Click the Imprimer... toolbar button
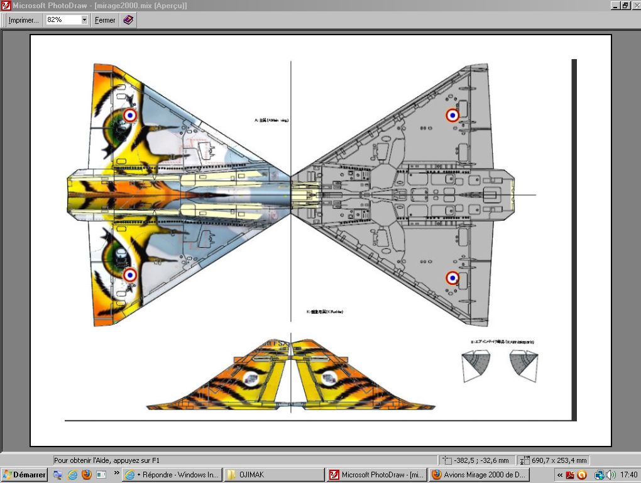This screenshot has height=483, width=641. pos(23,20)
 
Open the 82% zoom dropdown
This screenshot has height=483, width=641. pos(84,20)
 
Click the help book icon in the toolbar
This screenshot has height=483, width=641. pos(128,20)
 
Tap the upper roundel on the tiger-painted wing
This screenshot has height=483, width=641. pos(130,115)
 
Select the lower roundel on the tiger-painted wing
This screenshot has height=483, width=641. pos(130,275)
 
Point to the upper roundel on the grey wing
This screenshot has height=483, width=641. pos(452,115)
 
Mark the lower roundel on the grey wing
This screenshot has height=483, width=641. pos(452,277)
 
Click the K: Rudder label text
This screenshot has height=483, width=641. pos(324,312)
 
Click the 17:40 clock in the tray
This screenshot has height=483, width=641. pos(628,475)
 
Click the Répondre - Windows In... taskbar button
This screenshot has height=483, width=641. pos(172,475)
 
